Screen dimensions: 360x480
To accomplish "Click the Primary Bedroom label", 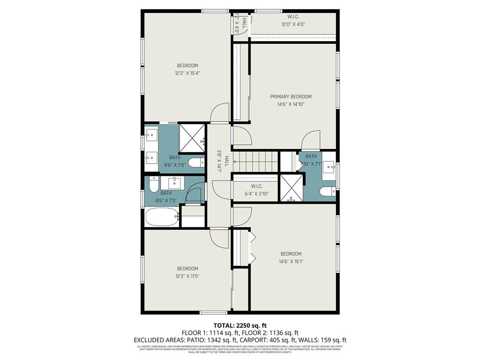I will coord(291,97).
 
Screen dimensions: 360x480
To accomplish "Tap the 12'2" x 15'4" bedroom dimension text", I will coord(187,73).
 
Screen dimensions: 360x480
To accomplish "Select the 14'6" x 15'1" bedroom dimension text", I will coord(291,262).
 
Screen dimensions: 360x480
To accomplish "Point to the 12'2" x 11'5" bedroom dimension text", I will coord(187,276).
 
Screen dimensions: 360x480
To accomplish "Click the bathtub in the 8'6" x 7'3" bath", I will coord(162,217).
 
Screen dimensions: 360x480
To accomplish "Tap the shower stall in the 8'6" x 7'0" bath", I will coord(192,138).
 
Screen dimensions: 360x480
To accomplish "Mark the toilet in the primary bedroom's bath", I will coord(327,191).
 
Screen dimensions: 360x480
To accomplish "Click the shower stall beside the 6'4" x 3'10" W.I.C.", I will coord(292,188).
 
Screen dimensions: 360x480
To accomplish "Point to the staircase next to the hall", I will coord(256,162).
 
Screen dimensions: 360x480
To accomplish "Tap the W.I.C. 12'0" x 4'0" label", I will coord(293,21).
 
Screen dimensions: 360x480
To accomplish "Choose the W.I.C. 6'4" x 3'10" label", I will coord(255,189).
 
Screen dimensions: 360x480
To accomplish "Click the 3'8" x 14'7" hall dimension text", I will coord(219,162).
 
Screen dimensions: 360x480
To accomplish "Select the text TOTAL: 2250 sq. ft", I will coord(240,325).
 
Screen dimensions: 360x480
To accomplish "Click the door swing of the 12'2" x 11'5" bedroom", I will coord(219,238).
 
